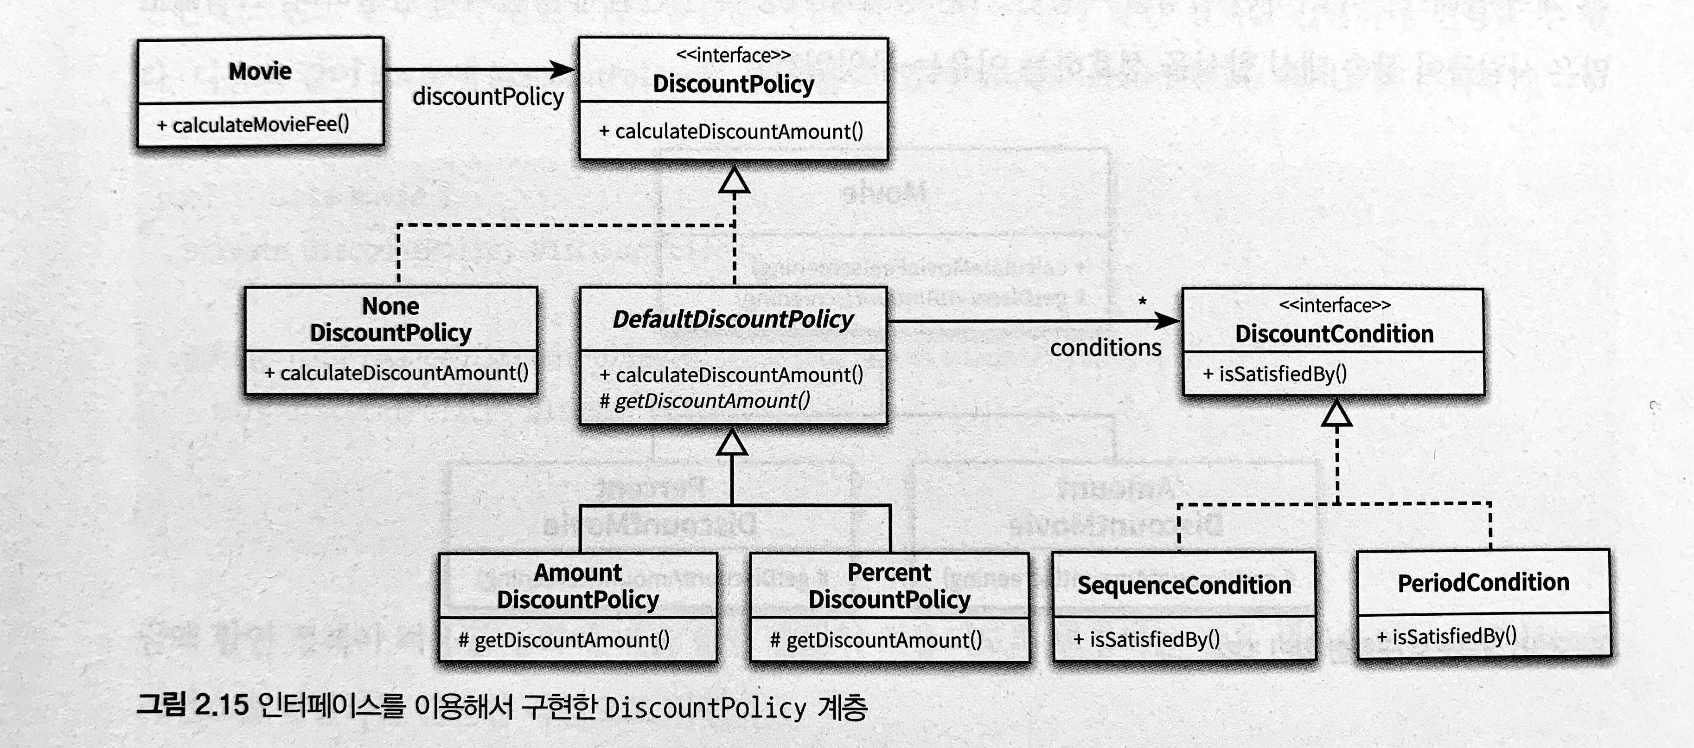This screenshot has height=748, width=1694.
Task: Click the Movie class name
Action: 260,71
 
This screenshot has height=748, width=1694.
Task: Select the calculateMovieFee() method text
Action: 253,124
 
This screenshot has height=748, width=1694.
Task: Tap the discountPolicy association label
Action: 488,97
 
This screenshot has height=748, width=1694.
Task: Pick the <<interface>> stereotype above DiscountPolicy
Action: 733,55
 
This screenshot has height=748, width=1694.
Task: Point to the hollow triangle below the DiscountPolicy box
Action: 734,180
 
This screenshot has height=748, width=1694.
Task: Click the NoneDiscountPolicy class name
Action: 390,320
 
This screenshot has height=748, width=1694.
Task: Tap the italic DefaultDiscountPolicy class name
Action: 733,320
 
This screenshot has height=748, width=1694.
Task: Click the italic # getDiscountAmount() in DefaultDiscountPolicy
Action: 705,400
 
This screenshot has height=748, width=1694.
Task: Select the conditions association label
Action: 1106,348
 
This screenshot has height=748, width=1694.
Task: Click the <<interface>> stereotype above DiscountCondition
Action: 1334,305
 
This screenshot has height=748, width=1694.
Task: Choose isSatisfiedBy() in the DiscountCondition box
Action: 1275,374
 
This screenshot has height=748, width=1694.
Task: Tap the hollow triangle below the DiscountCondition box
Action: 1336,414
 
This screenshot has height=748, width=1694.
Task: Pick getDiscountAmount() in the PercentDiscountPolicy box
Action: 876,639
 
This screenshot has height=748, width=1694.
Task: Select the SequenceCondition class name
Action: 1184,585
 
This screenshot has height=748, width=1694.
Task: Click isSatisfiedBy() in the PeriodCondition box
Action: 1447,636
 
